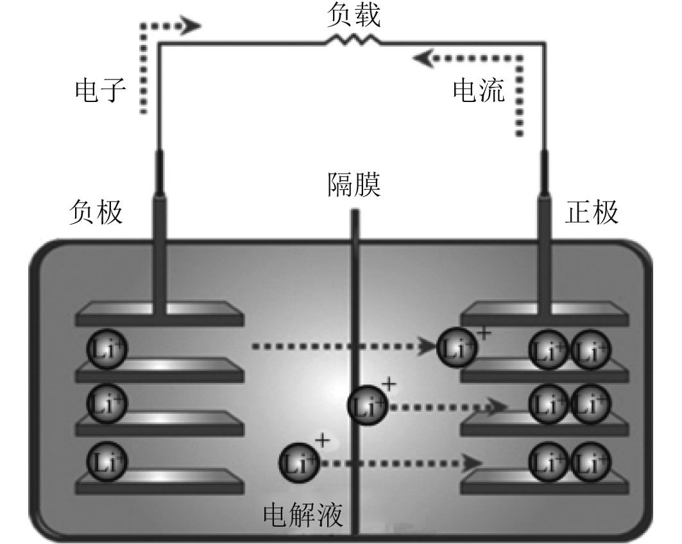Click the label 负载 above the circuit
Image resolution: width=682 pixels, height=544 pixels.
click(354, 16)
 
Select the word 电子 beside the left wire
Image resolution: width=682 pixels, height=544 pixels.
click(101, 94)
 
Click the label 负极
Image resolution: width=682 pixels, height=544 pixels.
click(96, 212)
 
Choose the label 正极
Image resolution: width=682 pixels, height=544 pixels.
click(593, 212)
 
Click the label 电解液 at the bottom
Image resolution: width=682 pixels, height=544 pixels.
click(303, 514)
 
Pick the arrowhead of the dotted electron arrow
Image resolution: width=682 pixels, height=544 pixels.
click(192, 27)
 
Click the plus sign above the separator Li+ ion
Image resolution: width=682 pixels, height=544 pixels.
click(389, 386)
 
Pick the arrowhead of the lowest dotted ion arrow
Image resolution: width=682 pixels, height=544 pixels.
click(474, 462)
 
